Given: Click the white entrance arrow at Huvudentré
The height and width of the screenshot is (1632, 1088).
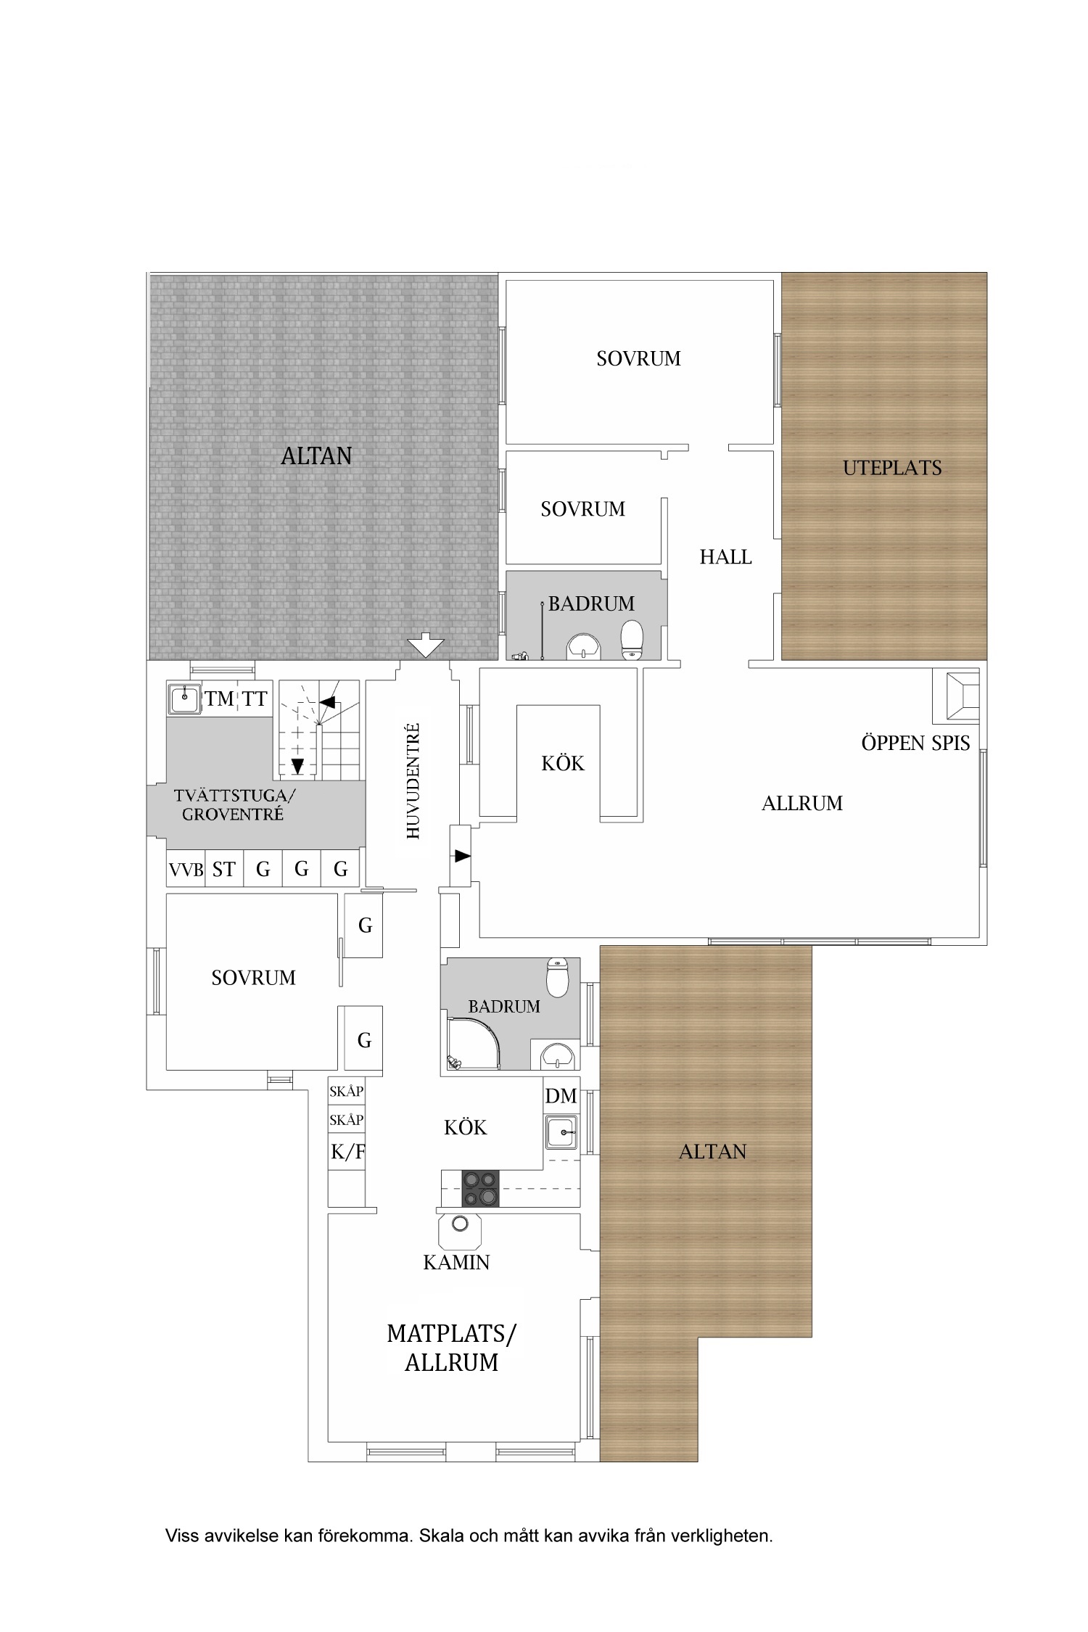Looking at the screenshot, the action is point(426,645).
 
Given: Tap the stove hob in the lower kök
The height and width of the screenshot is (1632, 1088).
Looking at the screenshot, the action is point(481,1189).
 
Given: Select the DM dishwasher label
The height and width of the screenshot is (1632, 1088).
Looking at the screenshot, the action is point(561,1096).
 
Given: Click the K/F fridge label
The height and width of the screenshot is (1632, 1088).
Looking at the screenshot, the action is point(347,1152).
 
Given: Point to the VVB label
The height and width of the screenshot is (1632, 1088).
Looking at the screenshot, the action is point(186,869).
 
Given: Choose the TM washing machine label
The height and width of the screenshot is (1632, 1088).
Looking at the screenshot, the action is point(219,698).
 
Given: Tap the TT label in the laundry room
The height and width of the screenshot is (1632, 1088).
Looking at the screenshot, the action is point(255,698).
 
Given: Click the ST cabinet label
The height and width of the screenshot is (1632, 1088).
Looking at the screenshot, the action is point(223,869).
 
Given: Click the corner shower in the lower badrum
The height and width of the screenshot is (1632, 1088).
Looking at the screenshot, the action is point(473,1043).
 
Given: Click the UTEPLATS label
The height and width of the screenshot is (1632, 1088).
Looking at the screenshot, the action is point(892,468).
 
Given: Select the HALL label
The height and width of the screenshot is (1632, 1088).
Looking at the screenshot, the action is point(725,557).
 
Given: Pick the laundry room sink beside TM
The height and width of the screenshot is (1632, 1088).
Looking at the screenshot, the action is point(185,698).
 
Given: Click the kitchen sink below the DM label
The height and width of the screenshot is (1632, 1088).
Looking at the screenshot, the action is point(561,1132).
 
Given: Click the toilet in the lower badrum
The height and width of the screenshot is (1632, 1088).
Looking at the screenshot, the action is point(557,977).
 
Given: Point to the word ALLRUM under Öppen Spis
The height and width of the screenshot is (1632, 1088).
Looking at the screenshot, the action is point(802,803).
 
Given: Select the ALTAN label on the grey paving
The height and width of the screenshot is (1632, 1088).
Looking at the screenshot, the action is point(316,456).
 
